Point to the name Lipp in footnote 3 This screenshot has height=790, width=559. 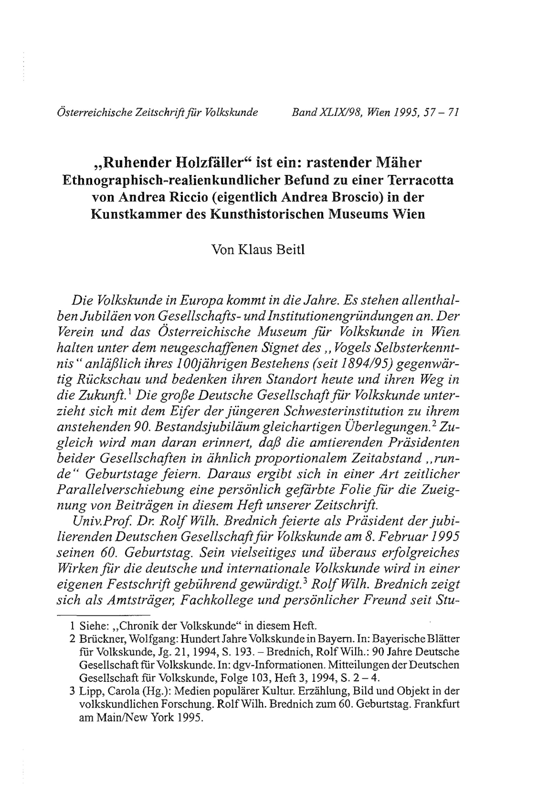click(89, 691)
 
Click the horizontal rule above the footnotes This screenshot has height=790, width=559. click(103, 615)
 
